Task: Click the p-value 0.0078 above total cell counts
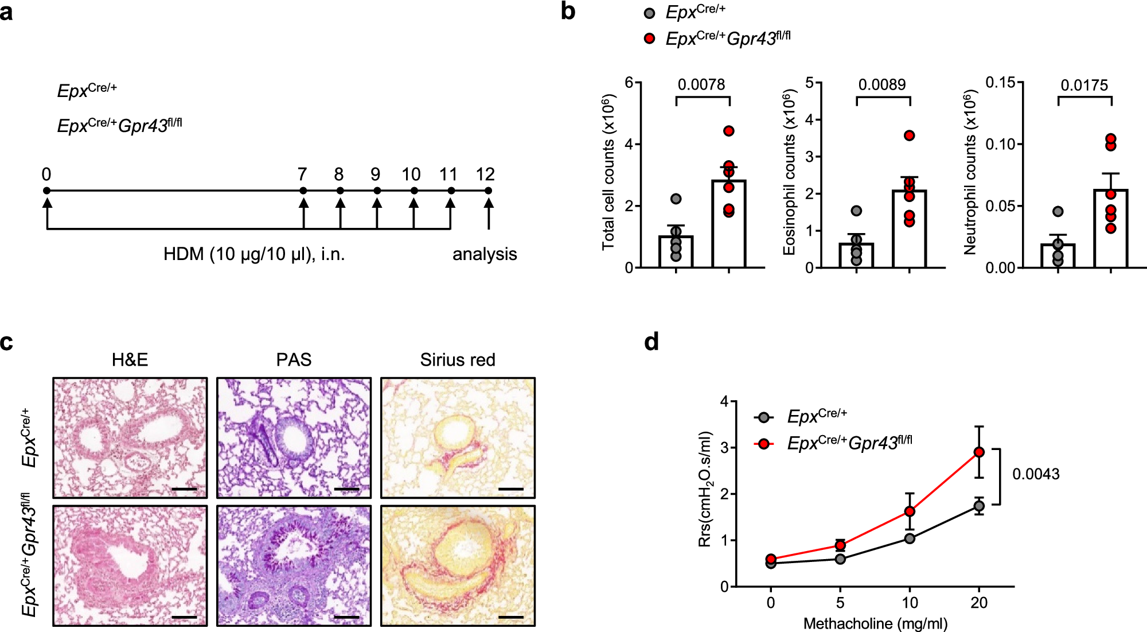pos(701,85)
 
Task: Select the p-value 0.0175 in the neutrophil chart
pos(1084,86)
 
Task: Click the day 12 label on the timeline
pos(485,175)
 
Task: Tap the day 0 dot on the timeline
pos(47,191)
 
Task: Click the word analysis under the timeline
pos(485,254)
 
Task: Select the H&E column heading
pos(130,360)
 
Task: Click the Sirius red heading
pos(457,360)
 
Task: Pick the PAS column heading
pos(294,360)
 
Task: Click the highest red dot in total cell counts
pos(728,131)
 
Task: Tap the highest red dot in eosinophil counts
pos(909,136)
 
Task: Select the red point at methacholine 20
pos(979,452)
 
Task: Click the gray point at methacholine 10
pos(910,538)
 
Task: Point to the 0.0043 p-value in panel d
pos(1036,474)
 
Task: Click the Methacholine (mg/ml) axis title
pos(875,623)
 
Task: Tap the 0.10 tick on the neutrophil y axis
pos(1000,144)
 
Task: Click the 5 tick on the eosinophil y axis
pos(809,83)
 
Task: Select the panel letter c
pos(7,343)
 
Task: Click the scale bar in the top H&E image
pos(184,489)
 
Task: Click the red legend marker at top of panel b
pos(649,38)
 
